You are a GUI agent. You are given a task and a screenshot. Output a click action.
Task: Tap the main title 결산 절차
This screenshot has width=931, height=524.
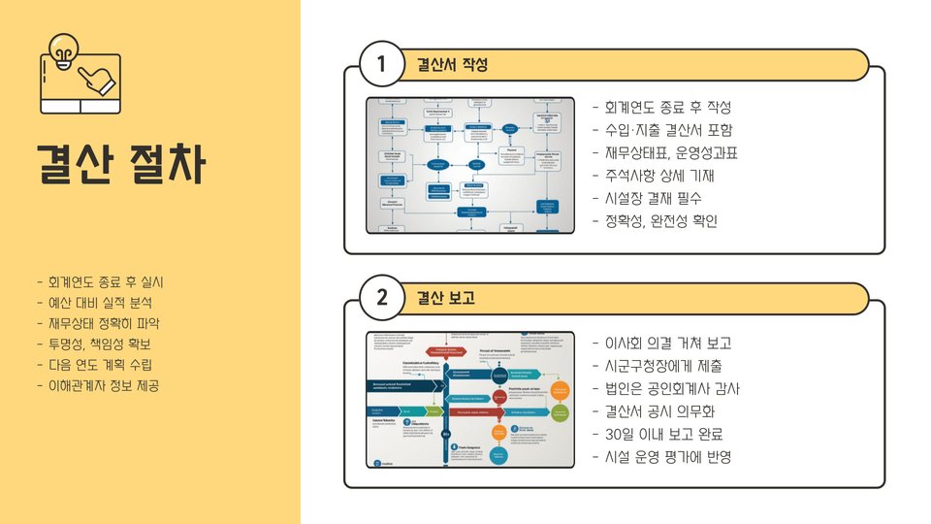[121, 164]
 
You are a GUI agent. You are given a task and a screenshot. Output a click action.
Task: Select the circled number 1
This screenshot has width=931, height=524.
[381, 65]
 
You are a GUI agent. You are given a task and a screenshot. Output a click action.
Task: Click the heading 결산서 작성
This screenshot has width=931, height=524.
[451, 65]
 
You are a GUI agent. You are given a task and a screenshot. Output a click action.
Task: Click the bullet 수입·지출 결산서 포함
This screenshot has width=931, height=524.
[663, 130]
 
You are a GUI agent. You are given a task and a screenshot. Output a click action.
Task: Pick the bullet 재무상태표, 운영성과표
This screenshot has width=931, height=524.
[665, 153]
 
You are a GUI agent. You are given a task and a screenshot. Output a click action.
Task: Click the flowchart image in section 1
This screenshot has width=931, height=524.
[470, 165]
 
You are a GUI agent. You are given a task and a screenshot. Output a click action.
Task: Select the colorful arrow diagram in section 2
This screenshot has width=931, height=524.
[470, 400]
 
